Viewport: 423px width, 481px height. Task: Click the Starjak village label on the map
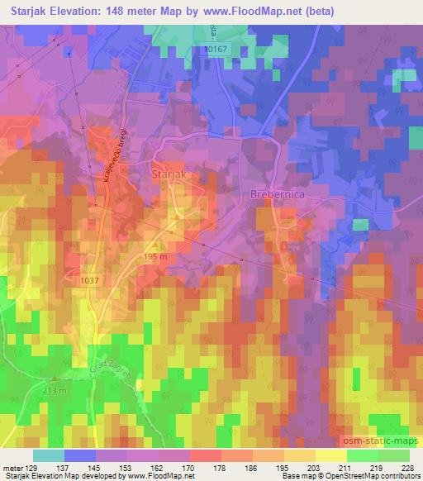tap(169, 175)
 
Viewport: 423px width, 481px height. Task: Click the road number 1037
tap(92, 281)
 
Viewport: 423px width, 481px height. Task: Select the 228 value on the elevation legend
tap(408, 467)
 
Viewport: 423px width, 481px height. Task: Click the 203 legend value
tap(316, 467)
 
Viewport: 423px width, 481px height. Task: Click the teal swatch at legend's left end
tap(49, 455)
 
